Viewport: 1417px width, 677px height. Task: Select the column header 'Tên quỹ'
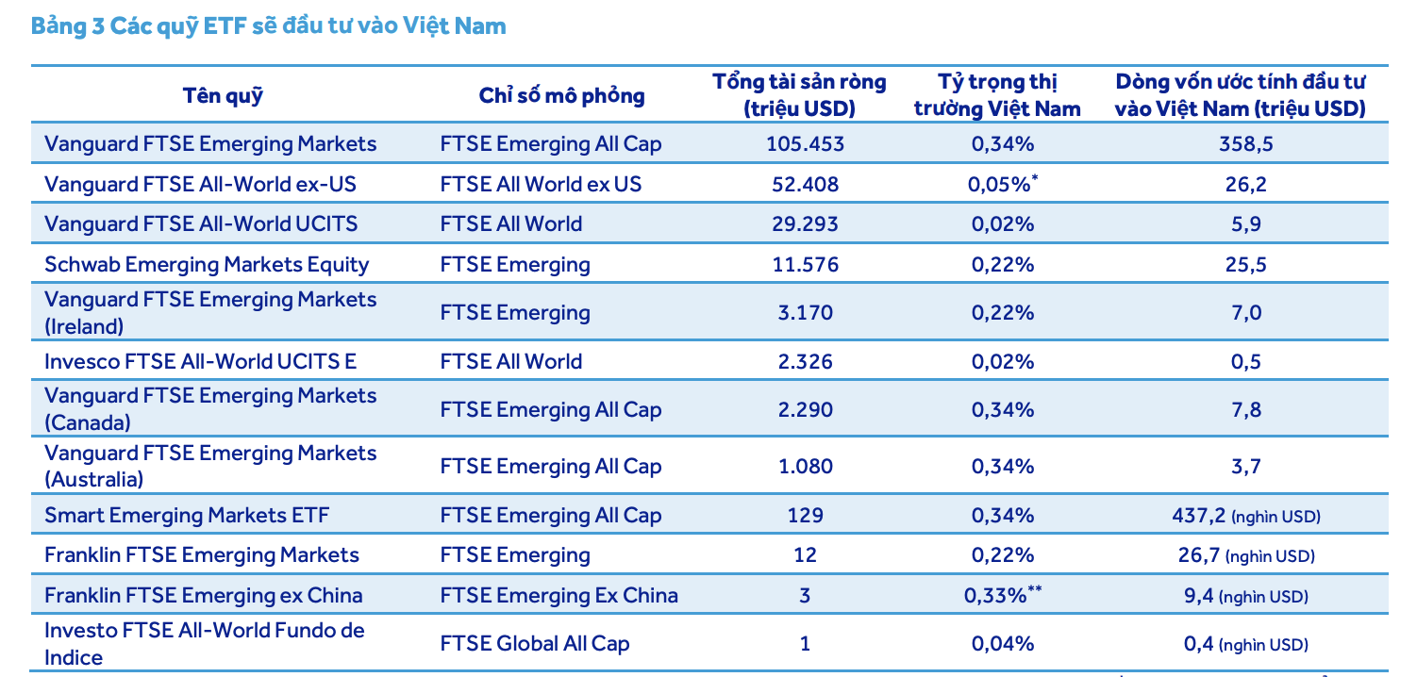[x=223, y=95]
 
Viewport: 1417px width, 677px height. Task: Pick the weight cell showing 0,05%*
[x=1003, y=184]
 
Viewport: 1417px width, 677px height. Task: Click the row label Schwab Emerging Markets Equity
[x=207, y=264]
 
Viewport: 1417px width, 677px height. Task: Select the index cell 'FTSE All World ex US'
[x=540, y=184]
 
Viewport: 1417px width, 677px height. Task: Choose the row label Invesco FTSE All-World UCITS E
[x=200, y=361]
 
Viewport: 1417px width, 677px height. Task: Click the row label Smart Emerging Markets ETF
[x=187, y=516]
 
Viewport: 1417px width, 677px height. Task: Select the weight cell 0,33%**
[x=1003, y=596]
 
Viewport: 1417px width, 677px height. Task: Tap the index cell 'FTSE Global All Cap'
[x=534, y=644]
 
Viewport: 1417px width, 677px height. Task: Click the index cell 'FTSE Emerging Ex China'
[x=558, y=596]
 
